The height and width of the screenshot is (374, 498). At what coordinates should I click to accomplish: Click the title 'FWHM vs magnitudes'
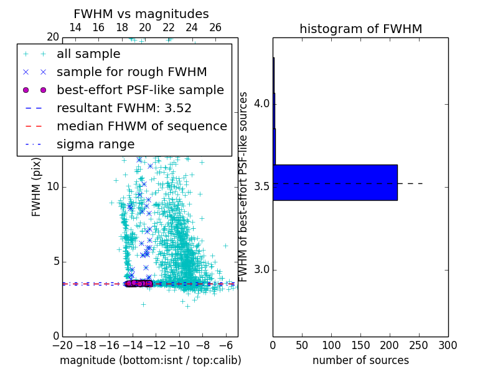(x=141, y=14)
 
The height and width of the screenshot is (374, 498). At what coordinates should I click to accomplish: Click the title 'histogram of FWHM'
(x=360, y=29)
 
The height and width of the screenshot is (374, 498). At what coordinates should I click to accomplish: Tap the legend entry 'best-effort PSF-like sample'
(x=140, y=90)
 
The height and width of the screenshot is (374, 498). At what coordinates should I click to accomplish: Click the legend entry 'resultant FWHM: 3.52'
(x=124, y=108)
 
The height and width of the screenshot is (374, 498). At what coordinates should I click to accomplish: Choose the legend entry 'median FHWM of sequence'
(x=141, y=127)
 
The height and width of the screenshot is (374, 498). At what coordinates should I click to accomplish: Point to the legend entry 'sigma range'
(x=95, y=145)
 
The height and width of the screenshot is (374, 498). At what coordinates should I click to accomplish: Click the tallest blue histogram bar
(x=335, y=183)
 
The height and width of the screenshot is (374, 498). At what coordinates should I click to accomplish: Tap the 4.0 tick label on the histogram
(x=261, y=103)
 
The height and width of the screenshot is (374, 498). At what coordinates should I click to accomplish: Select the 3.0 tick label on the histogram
(x=261, y=270)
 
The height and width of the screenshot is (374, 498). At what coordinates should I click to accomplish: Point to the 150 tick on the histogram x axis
(x=360, y=345)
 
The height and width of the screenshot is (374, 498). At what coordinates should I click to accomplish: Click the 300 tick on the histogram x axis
(x=448, y=345)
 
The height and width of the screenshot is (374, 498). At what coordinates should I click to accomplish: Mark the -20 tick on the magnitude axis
(x=62, y=345)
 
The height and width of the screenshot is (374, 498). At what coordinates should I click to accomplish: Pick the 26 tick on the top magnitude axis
(x=215, y=27)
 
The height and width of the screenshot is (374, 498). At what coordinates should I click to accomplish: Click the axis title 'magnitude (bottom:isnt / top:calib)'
(x=150, y=360)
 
